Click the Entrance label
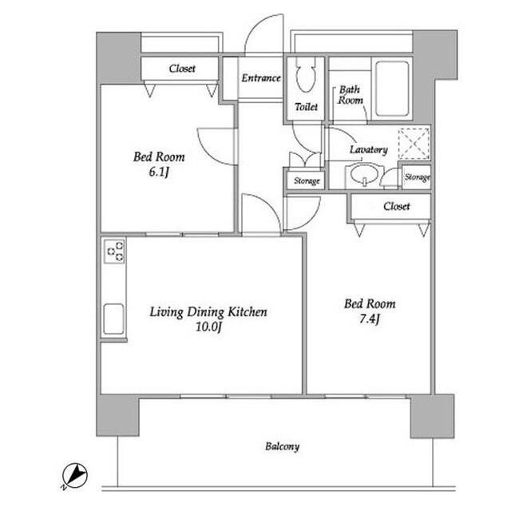click(x=261, y=78)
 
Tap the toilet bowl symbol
click(x=306, y=75)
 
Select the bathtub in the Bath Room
click(x=392, y=89)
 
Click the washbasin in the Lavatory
click(x=364, y=174)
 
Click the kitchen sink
click(x=113, y=319)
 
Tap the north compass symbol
click(x=74, y=476)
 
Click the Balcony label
click(x=282, y=446)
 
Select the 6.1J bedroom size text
click(x=159, y=172)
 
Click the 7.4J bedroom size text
click(x=369, y=319)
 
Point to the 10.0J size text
click(x=208, y=327)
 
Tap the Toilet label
click(x=306, y=106)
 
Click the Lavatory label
click(x=369, y=149)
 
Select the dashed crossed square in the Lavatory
click(x=414, y=144)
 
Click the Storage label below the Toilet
click(x=307, y=180)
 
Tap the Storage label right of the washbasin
click(x=417, y=177)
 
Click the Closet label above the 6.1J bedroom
click(x=182, y=69)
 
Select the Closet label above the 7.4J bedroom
click(x=397, y=206)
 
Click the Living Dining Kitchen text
click(x=208, y=312)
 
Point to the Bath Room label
click(x=350, y=94)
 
